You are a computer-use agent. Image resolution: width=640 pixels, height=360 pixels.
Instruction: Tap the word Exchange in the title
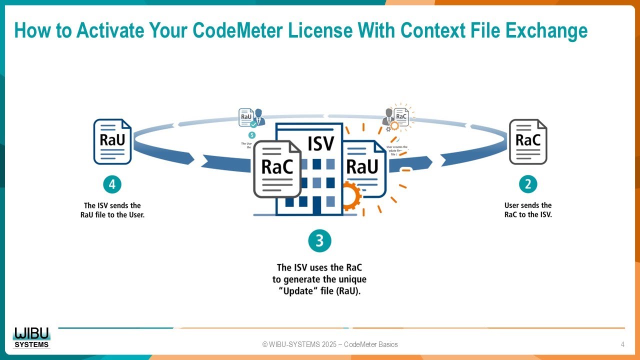click(546, 30)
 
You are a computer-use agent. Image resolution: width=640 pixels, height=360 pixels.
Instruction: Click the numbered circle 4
click(112, 184)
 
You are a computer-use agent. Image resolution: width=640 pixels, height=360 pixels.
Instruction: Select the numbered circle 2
click(527, 184)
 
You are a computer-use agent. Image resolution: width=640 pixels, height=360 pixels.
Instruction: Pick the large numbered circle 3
click(319, 241)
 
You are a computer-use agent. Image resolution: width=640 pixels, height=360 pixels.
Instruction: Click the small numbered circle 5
click(251, 135)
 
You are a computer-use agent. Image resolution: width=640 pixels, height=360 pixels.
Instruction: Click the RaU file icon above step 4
click(112, 141)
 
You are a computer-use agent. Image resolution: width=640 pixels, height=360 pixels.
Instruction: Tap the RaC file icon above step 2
click(528, 141)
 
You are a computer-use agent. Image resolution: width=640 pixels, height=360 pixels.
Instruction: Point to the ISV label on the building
click(320, 144)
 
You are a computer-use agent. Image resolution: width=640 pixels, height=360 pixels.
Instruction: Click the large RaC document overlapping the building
click(277, 168)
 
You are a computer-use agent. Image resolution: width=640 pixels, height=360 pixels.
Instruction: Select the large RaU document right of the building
click(363, 167)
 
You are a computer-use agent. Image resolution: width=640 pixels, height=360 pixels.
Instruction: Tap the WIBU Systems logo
click(32, 337)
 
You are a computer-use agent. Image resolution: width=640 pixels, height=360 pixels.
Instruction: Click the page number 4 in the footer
click(622, 344)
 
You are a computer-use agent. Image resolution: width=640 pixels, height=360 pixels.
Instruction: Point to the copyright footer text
click(330, 344)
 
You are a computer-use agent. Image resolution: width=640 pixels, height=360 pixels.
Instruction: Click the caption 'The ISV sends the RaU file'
click(112, 210)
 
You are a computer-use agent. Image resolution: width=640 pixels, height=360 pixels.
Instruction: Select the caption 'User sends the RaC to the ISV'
click(528, 210)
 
